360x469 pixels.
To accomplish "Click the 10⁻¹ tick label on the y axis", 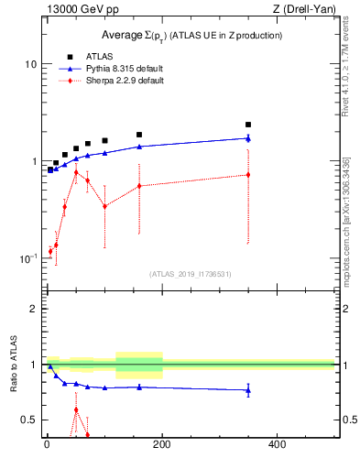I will [30, 258].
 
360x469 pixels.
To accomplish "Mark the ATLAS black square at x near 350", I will [247, 125].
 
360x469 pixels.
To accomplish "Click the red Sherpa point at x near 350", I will [247, 174].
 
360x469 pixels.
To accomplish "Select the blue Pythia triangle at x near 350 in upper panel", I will [247, 138].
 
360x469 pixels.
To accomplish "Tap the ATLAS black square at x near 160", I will [139, 135].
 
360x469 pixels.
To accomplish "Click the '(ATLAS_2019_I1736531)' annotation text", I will [191, 274].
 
